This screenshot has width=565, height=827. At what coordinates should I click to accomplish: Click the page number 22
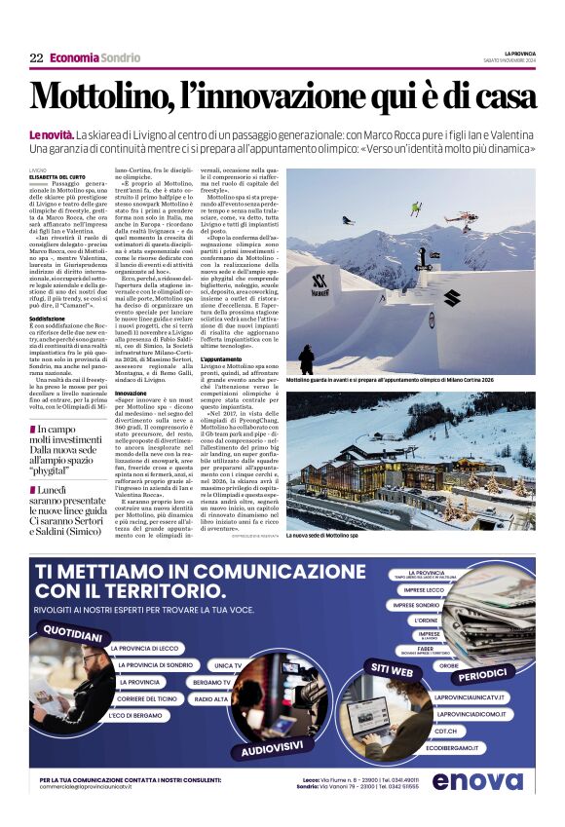point(36,58)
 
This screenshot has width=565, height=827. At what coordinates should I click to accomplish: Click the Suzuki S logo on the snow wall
point(451,298)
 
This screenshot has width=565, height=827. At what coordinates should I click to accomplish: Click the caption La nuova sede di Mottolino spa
point(322,536)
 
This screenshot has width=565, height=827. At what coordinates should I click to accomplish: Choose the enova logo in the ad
point(477,781)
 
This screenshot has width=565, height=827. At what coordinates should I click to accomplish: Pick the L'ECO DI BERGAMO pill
point(131,716)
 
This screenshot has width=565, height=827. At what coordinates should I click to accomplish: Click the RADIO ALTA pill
point(211,699)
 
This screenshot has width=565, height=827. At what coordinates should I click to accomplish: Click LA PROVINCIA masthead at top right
point(519,55)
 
